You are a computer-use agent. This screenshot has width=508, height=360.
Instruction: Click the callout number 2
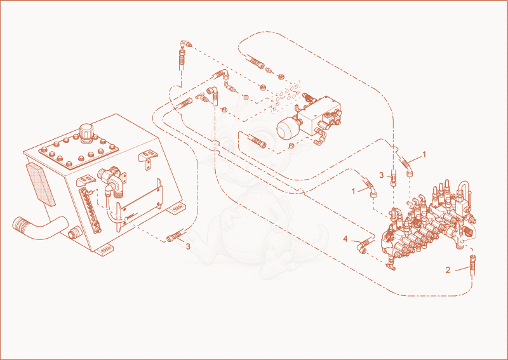448,270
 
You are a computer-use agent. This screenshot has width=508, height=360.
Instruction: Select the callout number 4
345,239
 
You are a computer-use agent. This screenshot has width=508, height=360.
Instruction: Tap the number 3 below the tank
188,246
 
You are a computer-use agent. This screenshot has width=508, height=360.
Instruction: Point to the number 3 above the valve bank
382,175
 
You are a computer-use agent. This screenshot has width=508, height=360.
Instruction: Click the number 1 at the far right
424,154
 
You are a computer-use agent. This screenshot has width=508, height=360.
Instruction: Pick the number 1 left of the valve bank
354,191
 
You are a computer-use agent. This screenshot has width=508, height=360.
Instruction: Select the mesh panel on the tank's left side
41,185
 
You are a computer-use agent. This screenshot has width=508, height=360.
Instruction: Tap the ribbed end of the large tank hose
20,224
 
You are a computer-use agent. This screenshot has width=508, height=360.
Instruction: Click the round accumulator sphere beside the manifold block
286,128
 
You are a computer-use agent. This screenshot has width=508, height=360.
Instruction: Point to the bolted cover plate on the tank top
78,152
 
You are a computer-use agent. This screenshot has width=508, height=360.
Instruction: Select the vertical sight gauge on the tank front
90,210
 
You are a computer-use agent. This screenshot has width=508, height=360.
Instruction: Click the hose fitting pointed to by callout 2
472,265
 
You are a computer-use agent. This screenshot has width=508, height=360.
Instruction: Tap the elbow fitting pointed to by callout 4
363,246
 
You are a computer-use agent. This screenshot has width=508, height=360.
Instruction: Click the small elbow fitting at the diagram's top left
186,43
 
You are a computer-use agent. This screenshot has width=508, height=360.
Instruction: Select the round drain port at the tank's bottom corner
74,234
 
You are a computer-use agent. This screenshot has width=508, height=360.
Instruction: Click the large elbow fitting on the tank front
110,182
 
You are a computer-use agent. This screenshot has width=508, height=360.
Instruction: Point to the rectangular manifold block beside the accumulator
319,116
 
